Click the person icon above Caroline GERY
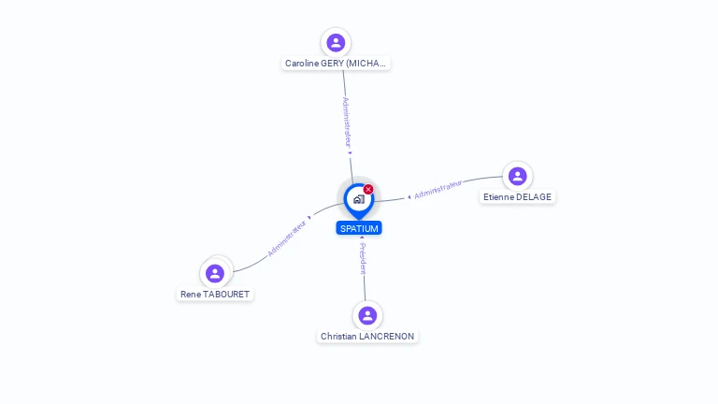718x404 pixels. (336, 43)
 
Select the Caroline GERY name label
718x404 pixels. (336, 64)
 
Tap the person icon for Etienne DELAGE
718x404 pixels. (517, 176)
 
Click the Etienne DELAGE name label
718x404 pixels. (517, 197)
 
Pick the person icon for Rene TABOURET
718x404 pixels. (215, 273)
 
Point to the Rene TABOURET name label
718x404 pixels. (215, 294)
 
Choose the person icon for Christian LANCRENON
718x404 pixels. (367, 315)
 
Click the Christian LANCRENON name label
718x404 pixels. (367, 337)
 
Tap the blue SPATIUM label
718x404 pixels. (359, 228)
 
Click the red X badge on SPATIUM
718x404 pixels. (368, 189)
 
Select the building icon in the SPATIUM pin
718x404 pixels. (359, 199)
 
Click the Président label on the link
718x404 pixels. (363, 259)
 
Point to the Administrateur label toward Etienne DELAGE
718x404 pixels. (438, 189)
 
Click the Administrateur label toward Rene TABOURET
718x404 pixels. (287, 238)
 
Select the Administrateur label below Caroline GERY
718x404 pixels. (347, 123)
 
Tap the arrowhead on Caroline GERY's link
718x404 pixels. (350, 153)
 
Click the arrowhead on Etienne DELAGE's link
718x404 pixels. (409, 197)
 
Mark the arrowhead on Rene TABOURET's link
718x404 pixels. (310, 218)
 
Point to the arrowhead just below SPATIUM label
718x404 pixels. (362, 238)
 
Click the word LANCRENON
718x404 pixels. (386, 337)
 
